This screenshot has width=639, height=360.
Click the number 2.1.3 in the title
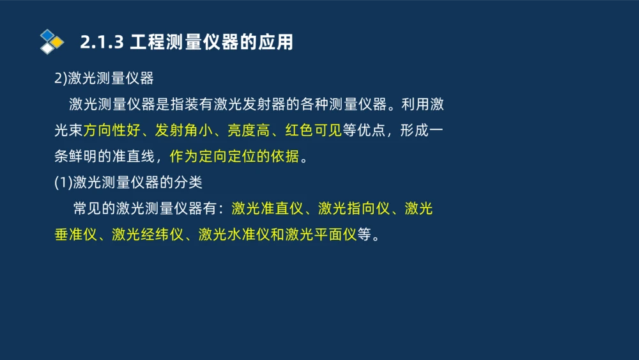102,42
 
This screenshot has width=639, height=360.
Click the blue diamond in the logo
47,35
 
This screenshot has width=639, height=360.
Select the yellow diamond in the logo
58,42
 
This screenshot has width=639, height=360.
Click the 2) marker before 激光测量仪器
61,79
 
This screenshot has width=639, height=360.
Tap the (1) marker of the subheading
63,182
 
